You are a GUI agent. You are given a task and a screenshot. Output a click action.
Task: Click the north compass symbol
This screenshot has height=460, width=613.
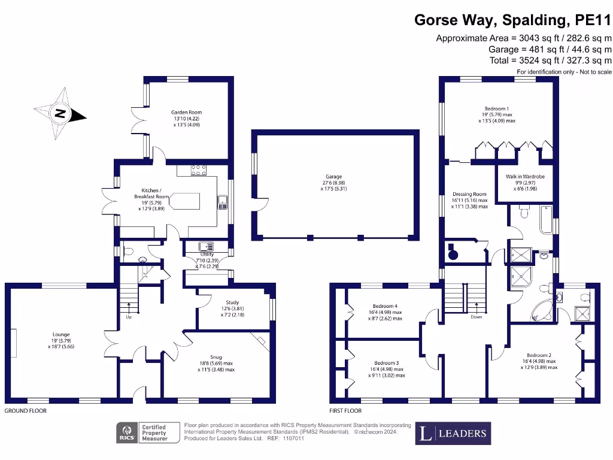pyautogui.click(x=60, y=113)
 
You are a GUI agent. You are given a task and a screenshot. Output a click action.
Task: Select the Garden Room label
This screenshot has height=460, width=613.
pyautogui.click(x=186, y=118)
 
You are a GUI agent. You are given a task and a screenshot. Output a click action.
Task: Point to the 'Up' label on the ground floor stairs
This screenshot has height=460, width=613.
pyautogui.click(x=129, y=316)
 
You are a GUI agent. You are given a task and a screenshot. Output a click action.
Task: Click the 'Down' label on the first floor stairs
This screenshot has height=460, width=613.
pyautogui.click(x=477, y=316)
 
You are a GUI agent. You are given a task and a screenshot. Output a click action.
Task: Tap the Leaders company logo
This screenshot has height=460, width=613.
pyautogui.click(x=453, y=433)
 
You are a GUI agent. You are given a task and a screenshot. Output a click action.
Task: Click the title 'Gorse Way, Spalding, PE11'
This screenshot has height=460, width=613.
pyautogui.click(x=513, y=20)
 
